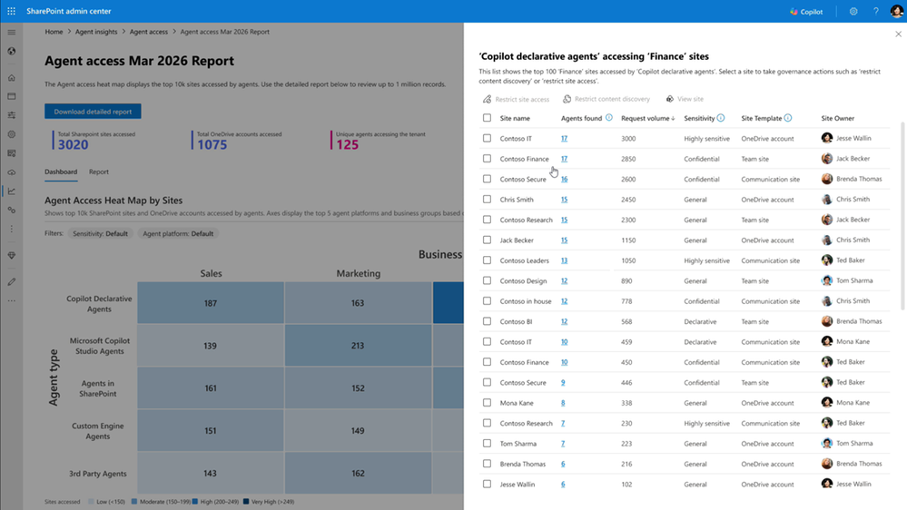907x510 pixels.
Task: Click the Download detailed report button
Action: pyautogui.click(x=93, y=112)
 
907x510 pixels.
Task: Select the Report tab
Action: pyautogui.click(x=99, y=172)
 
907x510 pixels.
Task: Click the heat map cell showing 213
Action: pyautogui.click(x=358, y=346)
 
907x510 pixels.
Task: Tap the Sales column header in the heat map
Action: pyautogui.click(x=211, y=273)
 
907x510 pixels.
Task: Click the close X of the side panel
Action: pyautogui.click(x=898, y=34)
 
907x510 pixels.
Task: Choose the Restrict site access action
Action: pyautogui.click(x=516, y=99)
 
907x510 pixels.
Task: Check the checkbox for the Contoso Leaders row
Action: pyautogui.click(x=488, y=260)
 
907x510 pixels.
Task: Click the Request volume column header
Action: pyautogui.click(x=646, y=118)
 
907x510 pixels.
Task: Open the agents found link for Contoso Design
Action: pyautogui.click(x=564, y=281)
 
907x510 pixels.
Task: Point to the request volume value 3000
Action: pyautogui.click(x=628, y=139)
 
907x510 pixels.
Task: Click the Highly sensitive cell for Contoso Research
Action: pyautogui.click(x=706, y=424)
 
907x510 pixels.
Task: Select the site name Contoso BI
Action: pyautogui.click(x=517, y=321)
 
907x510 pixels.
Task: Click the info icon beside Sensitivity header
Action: pyautogui.click(x=721, y=118)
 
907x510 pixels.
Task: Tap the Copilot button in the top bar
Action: pyautogui.click(x=806, y=12)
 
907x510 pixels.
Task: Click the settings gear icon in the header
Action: pyautogui.click(x=853, y=12)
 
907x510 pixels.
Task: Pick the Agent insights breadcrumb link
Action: pyautogui.click(x=96, y=32)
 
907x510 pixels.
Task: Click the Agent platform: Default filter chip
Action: pyautogui.click(x=178, y=233)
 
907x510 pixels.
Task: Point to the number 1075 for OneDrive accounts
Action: pyautogui.click(x=212, y=145)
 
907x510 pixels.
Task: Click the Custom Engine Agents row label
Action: pyautogui.click(x=98, y=431)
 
